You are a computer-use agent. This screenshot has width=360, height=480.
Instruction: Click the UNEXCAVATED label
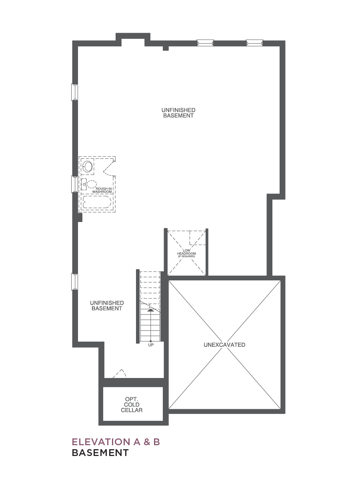click(224, 345)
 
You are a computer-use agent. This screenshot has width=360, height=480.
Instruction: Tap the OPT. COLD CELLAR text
click(132, 405)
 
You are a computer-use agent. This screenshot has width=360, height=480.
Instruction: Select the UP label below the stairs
click(151, 345)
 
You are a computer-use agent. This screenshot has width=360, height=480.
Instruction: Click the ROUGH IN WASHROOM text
click(102, 190)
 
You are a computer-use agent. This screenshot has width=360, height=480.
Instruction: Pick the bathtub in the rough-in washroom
click(97, 202)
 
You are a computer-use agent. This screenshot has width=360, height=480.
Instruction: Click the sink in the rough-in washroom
click(88, 167)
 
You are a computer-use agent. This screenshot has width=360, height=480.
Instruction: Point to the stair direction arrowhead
click(150, 310)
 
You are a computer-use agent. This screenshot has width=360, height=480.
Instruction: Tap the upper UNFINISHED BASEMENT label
click(178, 113)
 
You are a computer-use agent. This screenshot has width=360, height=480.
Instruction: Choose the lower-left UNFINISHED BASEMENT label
click(107, 306)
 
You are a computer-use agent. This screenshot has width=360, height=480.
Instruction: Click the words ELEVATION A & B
click(116, 442)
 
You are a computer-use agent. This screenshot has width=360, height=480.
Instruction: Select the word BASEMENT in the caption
click(100, 453)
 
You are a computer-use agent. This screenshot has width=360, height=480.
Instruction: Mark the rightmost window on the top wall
click(254, 43)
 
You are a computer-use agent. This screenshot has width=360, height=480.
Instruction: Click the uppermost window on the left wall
click(74, 92)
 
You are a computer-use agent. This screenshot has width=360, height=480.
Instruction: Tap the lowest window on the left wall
click(74, 282)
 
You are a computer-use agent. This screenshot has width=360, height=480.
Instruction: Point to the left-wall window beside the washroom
click(74, 184)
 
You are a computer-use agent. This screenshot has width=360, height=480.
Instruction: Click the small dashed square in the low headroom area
click(198, 238)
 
